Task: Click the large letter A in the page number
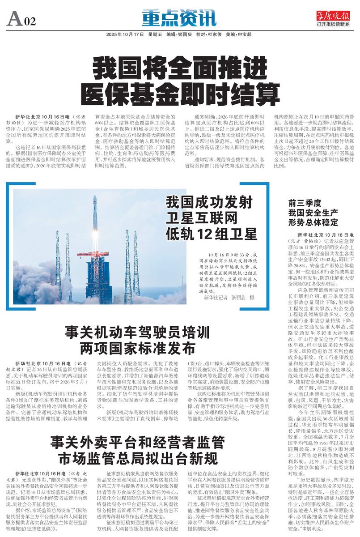(14, 19)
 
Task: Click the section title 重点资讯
(179, 18)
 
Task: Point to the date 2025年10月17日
(125, 34)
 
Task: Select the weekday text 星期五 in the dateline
(154, 34)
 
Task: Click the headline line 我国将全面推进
(180, 69)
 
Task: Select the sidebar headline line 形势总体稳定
(313, 222)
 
